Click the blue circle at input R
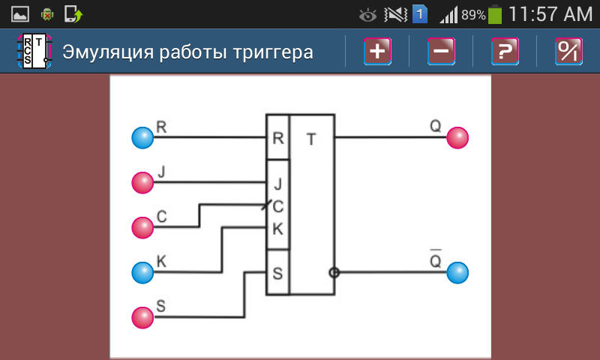tap(142, 138)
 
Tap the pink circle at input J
tap(142, 182)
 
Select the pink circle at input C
tap(142, 226)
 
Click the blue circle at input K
tap(142, 271)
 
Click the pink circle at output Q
tap(457, 138)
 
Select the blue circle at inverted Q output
tap(457, 272)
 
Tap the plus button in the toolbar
tap(377, 52)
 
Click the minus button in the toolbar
tap(441, 52)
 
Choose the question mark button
tap(505, 52)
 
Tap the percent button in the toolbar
tap(568, 52)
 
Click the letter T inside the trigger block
tap(311, 138)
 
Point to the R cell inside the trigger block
tap(277, 138)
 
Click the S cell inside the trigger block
tap(277, 272)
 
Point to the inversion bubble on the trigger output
tap(334, 272)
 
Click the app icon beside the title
tap(34, 52)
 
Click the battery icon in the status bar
tap(495, 14)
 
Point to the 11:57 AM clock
tap(550, 14)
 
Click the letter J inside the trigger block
tap(277, 182)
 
